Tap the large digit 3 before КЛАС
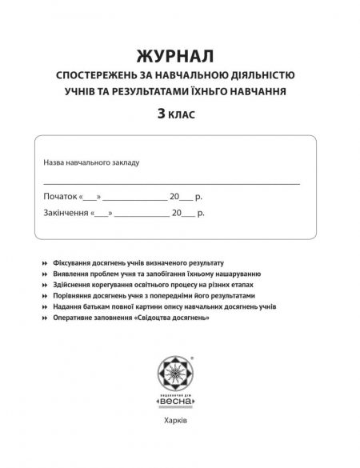click(x=162, y=114)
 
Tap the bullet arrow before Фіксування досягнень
click(x=42, y=263)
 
